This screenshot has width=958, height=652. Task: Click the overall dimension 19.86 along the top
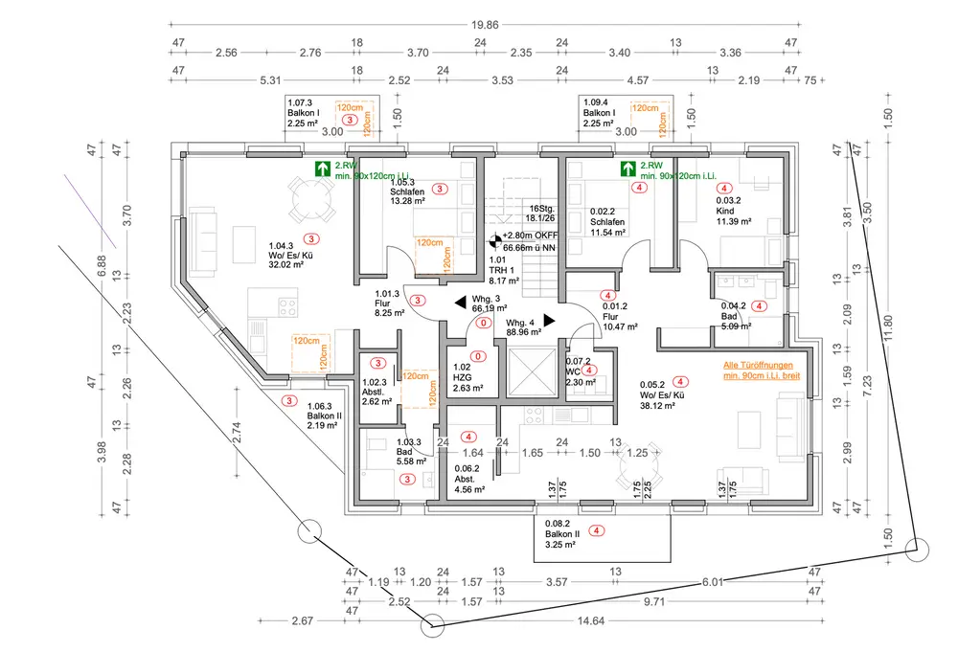pos(485,25)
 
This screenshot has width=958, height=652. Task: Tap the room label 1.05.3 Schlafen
pos(407,191)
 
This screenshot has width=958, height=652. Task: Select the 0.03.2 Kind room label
pos(733,211)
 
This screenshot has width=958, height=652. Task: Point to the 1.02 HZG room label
pos(468,377)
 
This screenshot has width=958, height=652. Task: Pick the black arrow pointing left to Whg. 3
pos(460,302)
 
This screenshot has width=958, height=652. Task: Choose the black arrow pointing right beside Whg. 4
pos(549,321)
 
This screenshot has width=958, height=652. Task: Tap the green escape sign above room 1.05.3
pos(322,169)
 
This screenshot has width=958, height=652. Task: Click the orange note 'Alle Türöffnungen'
pos(758,365)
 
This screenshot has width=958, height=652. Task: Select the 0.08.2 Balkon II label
pos(559,533)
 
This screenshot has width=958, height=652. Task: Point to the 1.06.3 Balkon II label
pos(325,416)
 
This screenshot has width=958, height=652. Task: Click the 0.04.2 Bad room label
pos(735,316)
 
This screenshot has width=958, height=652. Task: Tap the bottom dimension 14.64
pos(590,620)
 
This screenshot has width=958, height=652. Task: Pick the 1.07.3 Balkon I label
pos(304,113)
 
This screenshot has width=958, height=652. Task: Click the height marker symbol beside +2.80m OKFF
pos(495,241)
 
